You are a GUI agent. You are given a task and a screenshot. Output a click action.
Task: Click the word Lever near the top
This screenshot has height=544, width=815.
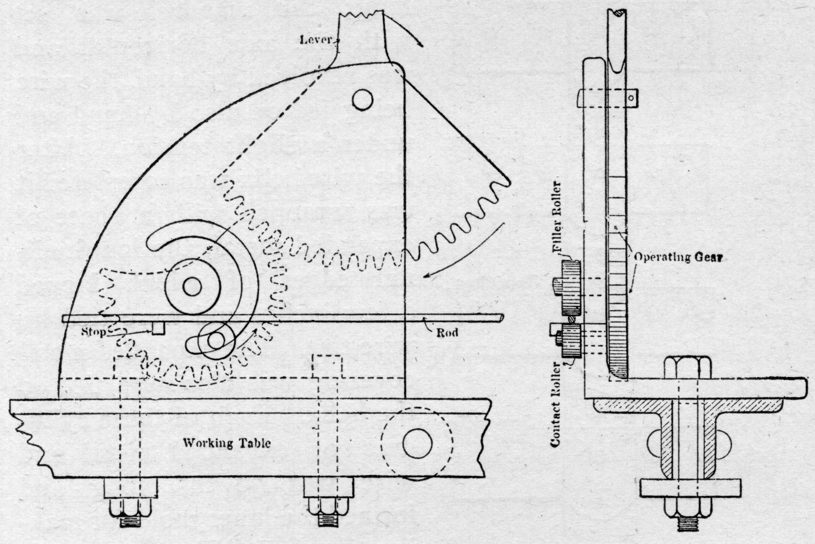tap(316, 40)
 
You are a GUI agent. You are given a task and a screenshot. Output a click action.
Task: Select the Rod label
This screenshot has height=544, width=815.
tap(447, 333)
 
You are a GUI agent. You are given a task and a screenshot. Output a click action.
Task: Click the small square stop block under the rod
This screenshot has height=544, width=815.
tap(159, 327)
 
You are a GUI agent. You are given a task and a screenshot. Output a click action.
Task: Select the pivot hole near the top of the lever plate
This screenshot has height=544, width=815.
tap(362, 100)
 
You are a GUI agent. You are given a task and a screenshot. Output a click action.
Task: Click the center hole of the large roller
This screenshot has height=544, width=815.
tap(192, 287)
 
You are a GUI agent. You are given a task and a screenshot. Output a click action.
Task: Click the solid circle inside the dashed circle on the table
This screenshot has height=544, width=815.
tap(417, 443)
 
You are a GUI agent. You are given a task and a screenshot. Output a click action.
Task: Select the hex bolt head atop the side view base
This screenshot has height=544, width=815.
tap(687, 368)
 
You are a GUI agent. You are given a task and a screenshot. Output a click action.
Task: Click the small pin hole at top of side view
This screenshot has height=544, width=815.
tap(631, 98)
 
